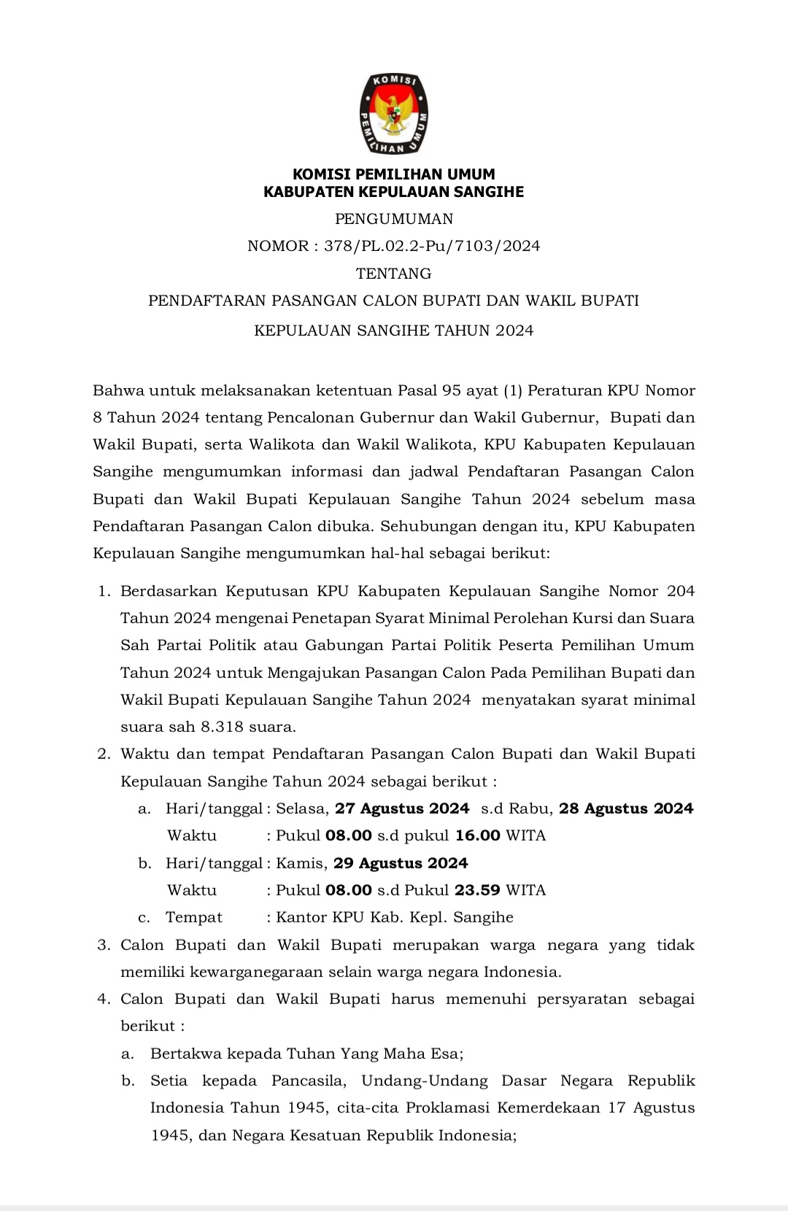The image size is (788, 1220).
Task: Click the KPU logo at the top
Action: (x=393, y=114)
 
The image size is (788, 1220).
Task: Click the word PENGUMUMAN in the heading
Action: (x=394, y=219)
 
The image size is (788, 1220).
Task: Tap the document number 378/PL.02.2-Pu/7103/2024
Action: (x=432, y=246)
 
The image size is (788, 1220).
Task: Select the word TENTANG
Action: (x=394, y=274)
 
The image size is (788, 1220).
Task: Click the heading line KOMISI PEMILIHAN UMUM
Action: (x=394, y=174)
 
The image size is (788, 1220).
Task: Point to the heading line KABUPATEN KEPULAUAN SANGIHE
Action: (x=394, y=192)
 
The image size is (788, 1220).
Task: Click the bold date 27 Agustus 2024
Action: (x=402, y=808)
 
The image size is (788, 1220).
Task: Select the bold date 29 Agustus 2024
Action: (x=401, y=863)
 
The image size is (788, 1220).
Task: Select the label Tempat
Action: (x=194, y=917)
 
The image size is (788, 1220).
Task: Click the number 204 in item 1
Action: (x=681, y=591)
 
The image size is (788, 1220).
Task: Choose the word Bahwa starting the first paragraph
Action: (x=117, y=390)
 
